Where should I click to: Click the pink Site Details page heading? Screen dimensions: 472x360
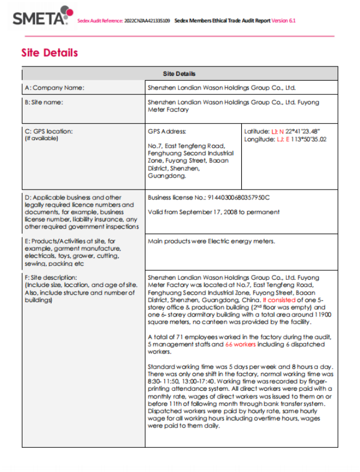pos(49,53)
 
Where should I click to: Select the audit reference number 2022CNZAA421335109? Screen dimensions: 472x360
pos(147,21)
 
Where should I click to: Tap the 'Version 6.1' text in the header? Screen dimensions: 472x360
pos(284,21)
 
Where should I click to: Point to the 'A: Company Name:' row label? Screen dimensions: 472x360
pos(54,87)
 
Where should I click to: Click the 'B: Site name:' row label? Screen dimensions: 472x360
pos(44,102)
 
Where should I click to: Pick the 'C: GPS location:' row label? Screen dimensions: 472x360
pos(48,131)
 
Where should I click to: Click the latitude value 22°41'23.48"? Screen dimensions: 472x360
pos(302,131)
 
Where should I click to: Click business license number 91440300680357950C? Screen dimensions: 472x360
pos(238,197)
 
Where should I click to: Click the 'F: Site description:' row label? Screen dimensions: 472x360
pos(51,277)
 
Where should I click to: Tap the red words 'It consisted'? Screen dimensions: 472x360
pos(279,300)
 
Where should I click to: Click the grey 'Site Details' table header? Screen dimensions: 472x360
pos(179,74)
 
